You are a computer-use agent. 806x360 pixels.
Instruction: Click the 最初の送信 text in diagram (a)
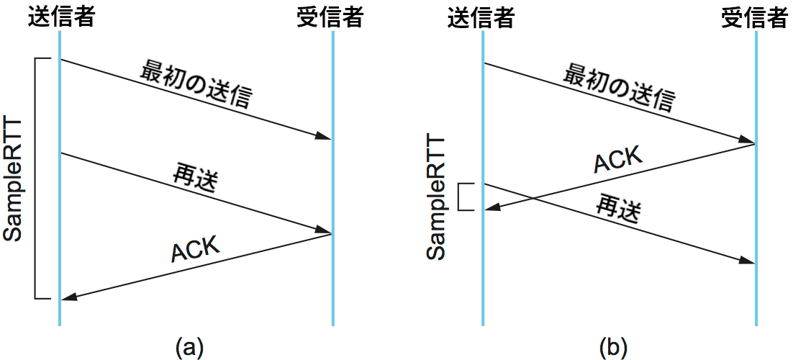pyautogui.click(x=197, y=84)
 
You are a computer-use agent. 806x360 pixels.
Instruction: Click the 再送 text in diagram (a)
pyautogui.click(x=195, y=178)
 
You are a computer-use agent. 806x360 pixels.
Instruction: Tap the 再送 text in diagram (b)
pyautogui.click(x=617, y=210)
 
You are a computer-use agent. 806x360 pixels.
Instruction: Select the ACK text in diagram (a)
pyautogui.click(x=195, y=248)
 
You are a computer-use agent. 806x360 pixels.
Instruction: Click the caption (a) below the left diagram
pyautogui.click(x=189, y=347)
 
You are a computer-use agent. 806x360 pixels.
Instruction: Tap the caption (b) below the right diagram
pyautogui.click(x=613, y=347)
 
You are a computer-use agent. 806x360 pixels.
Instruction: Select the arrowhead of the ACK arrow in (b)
pyautogui.click(x=490, y=209)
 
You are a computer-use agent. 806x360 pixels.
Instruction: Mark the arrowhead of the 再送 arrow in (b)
pyautogui.click(x=748, y=262)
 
